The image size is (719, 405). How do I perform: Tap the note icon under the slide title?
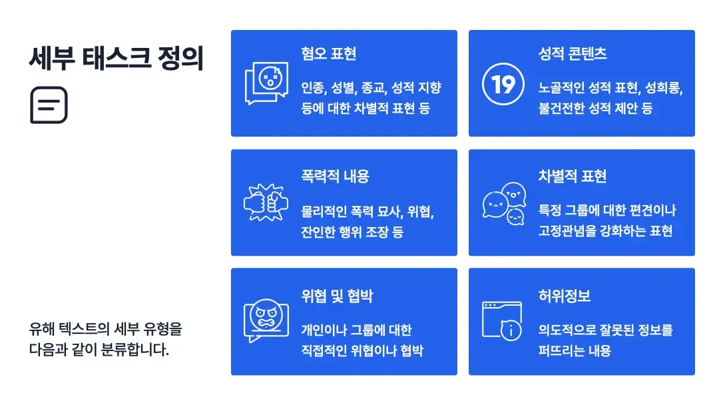click(49, 105)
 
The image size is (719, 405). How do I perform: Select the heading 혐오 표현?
click(328, 54)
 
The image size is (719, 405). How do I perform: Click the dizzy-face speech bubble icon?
click(266, 83)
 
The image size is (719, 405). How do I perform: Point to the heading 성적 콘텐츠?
click(573, 54)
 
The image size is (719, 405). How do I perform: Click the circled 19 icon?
click(503, 85)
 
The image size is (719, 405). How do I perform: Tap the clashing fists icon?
click(266, 202)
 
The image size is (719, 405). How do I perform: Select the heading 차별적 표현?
click(573, 177)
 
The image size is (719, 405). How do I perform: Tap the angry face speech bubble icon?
click(266, 320)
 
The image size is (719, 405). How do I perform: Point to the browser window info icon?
click(503, 321)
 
